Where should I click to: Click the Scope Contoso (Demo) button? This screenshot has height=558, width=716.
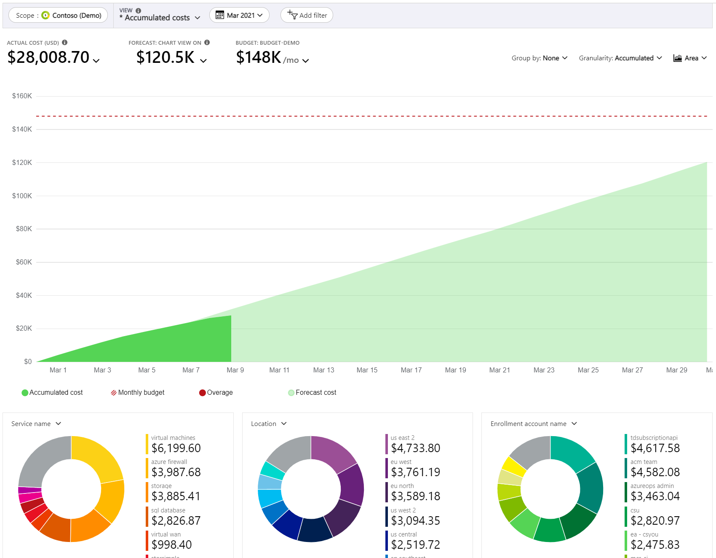click(x=58, y=15)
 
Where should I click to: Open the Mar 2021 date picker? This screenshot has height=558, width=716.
click(x=239, y=15)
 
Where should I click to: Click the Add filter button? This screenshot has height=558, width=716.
click(x=307, y=15)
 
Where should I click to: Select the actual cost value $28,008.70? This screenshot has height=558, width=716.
click(x=49, y=57)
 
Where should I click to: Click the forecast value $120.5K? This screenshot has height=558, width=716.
click(x=166, y=57)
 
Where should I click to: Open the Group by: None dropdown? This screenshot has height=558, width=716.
click(x=540, y=58)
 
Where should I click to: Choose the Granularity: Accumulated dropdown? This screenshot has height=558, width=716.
click(x=620, y=58)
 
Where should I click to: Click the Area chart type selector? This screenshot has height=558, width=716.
click(x=690, y=58)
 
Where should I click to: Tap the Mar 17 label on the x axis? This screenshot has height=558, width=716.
click(x=411, y=370)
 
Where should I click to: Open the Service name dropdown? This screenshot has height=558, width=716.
click(x=36, y=423)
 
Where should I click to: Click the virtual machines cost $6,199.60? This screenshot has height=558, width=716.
click(x=176, y=448)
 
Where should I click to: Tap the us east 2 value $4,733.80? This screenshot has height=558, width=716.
click(x=415, y=448)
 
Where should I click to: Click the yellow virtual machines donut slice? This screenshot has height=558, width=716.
click(x=96, y=458)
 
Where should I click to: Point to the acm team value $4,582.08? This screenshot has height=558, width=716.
click(x=655, y=472)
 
